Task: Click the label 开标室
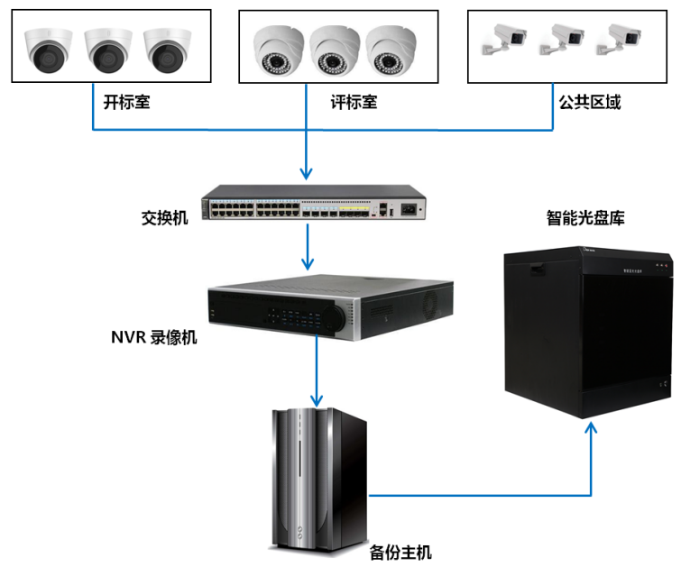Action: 126,102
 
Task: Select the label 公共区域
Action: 590,102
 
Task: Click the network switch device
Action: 312,203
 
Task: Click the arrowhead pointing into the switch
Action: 308,171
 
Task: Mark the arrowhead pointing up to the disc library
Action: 592,429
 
